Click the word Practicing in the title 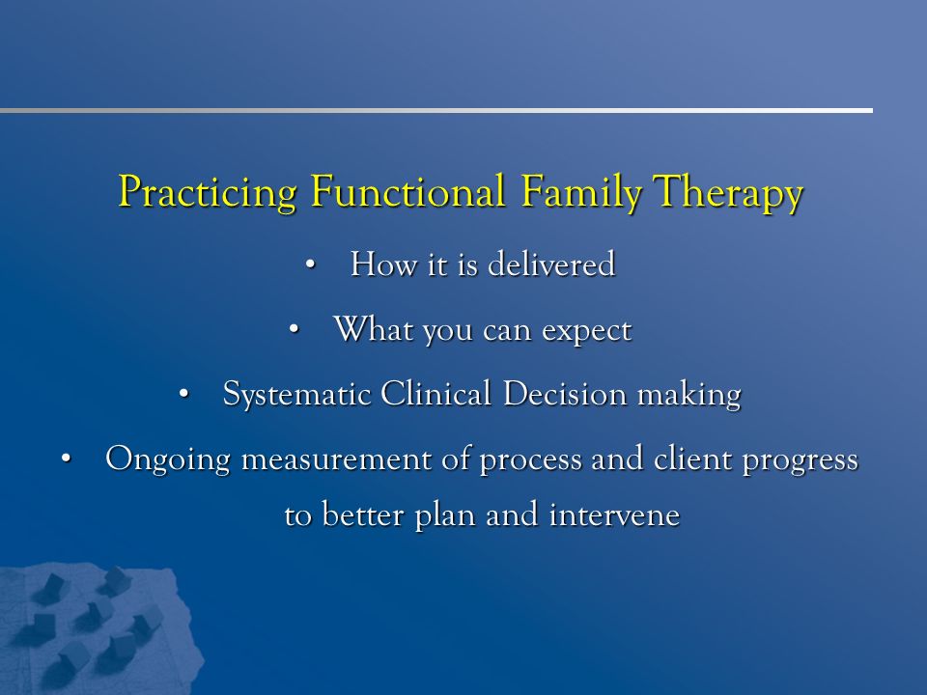tap(208, 192)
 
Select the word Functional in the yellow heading tap(407, 190)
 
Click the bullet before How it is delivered tap(311, 264)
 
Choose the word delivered tap(551, 264)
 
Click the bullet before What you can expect tap(294, 330)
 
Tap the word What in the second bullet tap(373, 328)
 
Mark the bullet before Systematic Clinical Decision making tap(183, 394)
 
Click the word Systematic tap(296, 394)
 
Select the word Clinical tap(435, 393)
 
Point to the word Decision tap(565, 393)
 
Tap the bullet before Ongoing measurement tap(66, 459)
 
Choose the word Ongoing tap(168, 459)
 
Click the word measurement tap(337, 459)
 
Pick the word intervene tap(615, 514)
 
